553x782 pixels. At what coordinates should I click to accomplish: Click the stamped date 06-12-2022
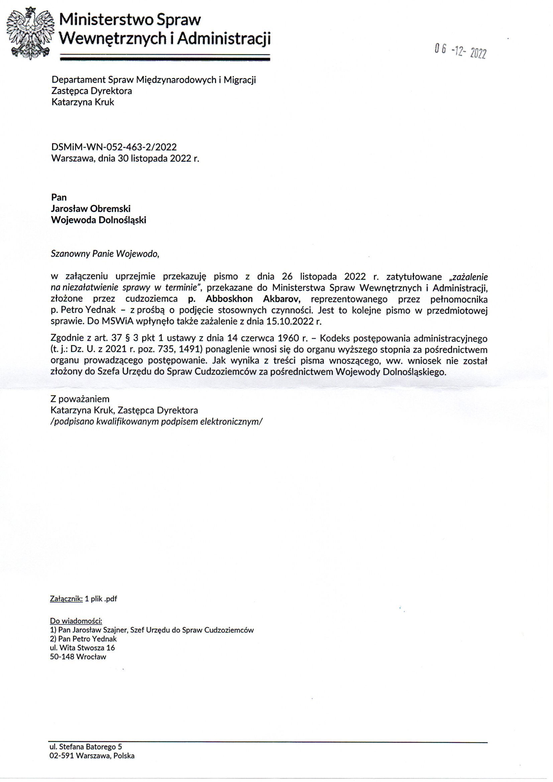pyautogui.click(x=460, y=52)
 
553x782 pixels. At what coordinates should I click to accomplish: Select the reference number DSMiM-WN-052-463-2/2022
pyautogui.click(x=114, y=147)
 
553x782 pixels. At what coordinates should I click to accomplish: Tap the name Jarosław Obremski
pyautogui.click(x=91, y=208)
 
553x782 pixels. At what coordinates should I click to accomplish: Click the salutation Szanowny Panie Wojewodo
pyautogui.click(x=105, y=254)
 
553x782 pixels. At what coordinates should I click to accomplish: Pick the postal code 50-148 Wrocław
pyautogui.click(x=78, y=657)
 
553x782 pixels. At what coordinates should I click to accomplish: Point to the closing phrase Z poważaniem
pyautogui.click(x=80, y=399)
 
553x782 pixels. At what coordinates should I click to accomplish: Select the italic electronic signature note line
pyautogui.click(x=156, y=422)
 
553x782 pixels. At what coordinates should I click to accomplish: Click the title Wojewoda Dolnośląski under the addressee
pyautogui.click(x=98, y=220)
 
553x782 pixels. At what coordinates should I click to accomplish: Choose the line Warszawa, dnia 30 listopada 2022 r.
pyautogui.click(x=125, y=159)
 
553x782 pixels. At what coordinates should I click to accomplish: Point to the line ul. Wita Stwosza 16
pyautogui.click(x=82, y=648)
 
